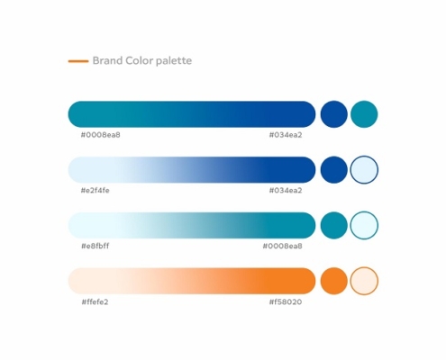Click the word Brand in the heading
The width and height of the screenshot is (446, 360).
pos(107,60)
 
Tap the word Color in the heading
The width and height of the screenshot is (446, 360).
pos(140,60)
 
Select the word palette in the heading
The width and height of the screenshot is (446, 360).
pos(174,61)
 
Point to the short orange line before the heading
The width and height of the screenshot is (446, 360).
pos(78,61)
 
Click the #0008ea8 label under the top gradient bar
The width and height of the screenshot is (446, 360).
pos(101,135)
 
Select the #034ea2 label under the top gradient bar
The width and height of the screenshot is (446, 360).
pos(286,135)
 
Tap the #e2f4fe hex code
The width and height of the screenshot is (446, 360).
pos(96,191)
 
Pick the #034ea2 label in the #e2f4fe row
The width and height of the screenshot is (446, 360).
pos(286,191)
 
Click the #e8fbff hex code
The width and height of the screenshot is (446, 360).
pos(96,246)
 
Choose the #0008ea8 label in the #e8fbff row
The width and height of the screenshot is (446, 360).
pos(283,246)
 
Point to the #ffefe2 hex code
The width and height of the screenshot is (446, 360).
pos(95,301)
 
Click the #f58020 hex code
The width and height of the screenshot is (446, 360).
pos(286,301)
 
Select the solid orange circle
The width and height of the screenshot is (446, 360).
pos(334,281)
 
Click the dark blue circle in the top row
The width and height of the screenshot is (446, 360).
pos(334,114)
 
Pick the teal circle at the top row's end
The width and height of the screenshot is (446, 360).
pos(364,114)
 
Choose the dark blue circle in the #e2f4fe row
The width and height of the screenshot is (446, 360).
pos(334,170)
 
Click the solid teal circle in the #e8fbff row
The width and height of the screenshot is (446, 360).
pos(334,225)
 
